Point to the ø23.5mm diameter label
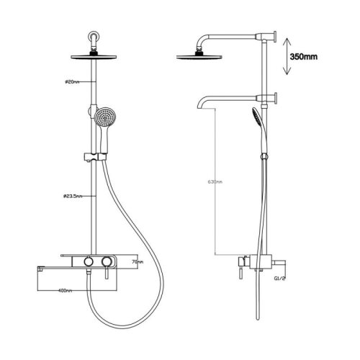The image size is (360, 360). pos(72,196)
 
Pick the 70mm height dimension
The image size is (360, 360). pos(138,262)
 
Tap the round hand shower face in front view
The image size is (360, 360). pos(105,117)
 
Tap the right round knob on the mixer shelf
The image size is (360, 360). pos(109,261)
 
